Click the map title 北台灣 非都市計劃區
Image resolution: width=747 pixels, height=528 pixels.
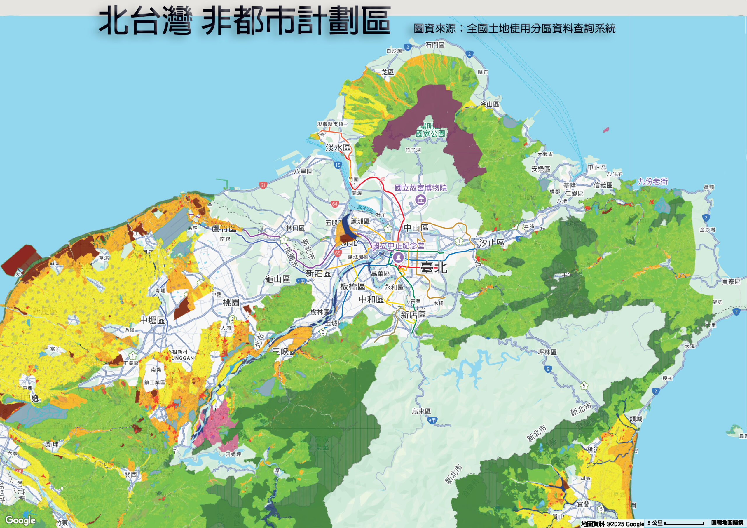click(244, 21)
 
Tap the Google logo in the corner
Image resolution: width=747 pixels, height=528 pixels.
click(20, 520)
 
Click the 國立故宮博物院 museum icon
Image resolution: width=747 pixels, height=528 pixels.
click(421, 200)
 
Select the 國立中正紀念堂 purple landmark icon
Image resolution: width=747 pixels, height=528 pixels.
click(398, 257)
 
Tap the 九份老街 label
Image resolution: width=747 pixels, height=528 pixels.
click(653, 181)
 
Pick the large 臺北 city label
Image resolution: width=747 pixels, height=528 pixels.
click(433, 268)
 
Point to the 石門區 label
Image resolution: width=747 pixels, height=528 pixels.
click(435, 45)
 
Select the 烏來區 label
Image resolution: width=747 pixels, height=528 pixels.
click(421, 411)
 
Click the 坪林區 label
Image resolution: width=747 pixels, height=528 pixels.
click(547, 352)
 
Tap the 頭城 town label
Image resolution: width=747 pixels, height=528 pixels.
click(636, 419)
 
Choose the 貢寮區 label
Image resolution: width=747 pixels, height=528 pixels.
click(731, 281)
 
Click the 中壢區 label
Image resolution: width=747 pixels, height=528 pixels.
click(153, 320)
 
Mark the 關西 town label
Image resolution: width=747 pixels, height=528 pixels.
click(131, 474)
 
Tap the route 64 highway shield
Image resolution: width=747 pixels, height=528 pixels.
click(335, 204)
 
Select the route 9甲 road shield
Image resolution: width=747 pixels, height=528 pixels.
click(432, 420)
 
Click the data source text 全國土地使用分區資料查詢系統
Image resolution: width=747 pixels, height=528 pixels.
click(541, 29)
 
